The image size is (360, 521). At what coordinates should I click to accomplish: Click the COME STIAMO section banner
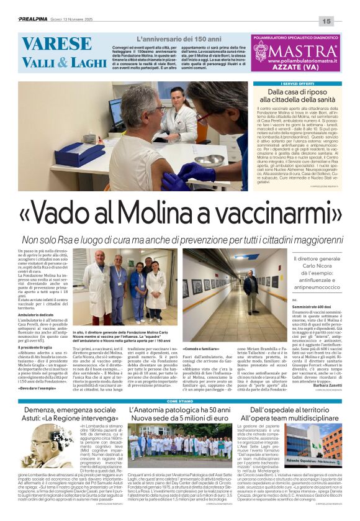(178, 401)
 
